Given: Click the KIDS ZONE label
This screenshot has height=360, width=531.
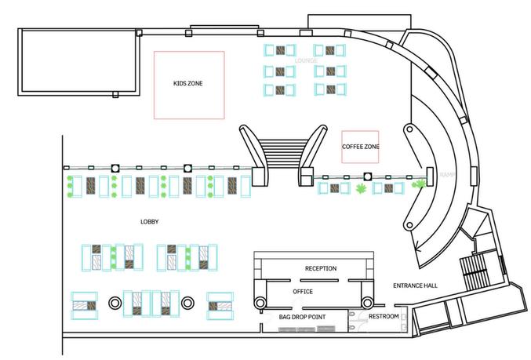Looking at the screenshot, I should [188, 84].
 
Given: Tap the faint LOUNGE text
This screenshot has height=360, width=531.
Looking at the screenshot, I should [305, 60].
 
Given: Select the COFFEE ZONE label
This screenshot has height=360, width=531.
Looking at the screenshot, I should [361, 147].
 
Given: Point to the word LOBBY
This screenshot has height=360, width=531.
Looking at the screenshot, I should [149, 222].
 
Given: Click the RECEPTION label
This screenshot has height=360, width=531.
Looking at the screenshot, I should [320, 268].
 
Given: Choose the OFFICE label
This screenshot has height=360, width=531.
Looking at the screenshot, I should [303, 291].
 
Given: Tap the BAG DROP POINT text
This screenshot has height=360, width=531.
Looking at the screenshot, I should [302, 316].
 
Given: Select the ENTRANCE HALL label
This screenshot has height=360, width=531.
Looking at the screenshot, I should [415, 285].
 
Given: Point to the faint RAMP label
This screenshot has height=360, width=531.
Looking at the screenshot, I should [447, 174].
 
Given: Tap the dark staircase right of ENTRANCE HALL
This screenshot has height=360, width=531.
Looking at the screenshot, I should [475, 272].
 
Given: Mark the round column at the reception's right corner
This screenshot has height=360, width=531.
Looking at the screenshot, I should [366, 301].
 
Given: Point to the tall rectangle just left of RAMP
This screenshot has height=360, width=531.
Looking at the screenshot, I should [431, 176].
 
